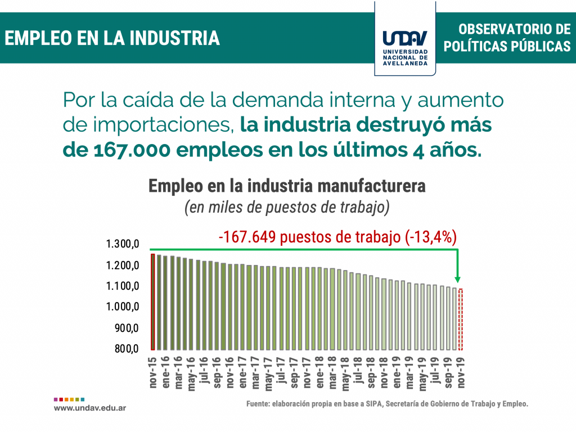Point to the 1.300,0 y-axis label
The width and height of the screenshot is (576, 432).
tap(122, 244)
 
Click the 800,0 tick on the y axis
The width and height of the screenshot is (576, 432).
tap(127, 349)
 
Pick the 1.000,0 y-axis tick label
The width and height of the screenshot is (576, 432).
tap(122, 307)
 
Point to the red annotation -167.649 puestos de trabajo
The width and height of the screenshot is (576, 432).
tap(337, 237)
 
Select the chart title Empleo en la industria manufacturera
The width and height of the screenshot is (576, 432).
tap(287, 186)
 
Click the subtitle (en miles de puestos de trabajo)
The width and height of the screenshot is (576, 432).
tap(287, 207)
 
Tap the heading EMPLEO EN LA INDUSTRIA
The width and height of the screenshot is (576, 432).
tap(112, 38)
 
